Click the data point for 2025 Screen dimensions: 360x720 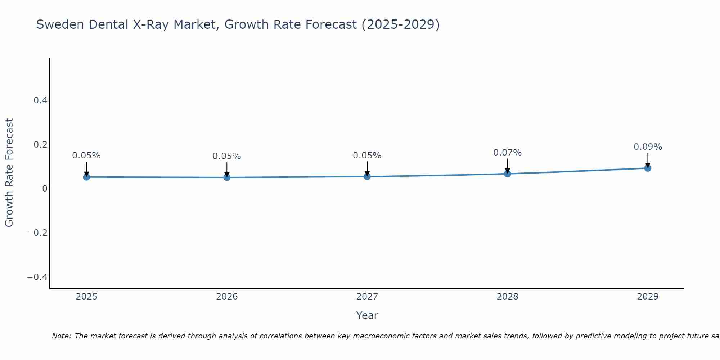point(86,177)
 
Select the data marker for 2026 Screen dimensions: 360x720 point(227,177)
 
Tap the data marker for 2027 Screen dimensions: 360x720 point(367,176)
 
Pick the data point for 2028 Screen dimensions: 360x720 point(507,174)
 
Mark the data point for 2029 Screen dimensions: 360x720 point(648,168)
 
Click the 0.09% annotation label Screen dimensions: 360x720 point(648,147)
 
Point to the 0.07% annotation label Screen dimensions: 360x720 point(507,153)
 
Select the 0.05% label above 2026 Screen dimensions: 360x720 point(227,156)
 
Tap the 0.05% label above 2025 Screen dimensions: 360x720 point(86,156)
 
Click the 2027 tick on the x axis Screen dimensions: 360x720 point(367,297)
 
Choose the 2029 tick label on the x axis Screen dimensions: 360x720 point(648,297)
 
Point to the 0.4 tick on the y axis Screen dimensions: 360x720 point(41,100)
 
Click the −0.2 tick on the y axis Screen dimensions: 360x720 point(37,233)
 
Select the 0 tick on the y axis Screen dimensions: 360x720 point(45,189)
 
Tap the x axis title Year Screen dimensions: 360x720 point(367,315)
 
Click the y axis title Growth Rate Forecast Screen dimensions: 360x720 point(9,173)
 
